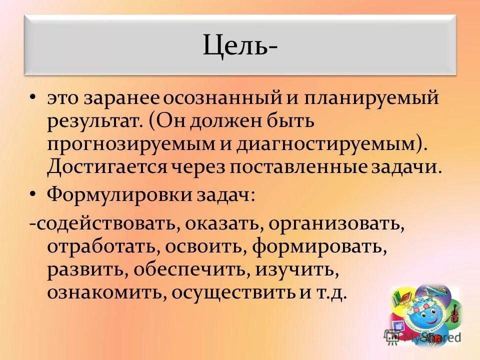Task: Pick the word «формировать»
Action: [319, 247]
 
